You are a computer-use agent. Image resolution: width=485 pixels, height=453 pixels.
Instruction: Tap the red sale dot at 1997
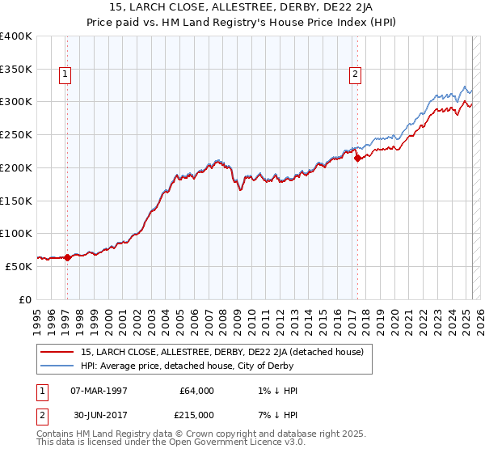click(67, 257)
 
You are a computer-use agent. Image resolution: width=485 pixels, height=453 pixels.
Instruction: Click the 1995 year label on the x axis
click(38, 318)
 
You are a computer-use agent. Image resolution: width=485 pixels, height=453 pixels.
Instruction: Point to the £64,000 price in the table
click(196, 391)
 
